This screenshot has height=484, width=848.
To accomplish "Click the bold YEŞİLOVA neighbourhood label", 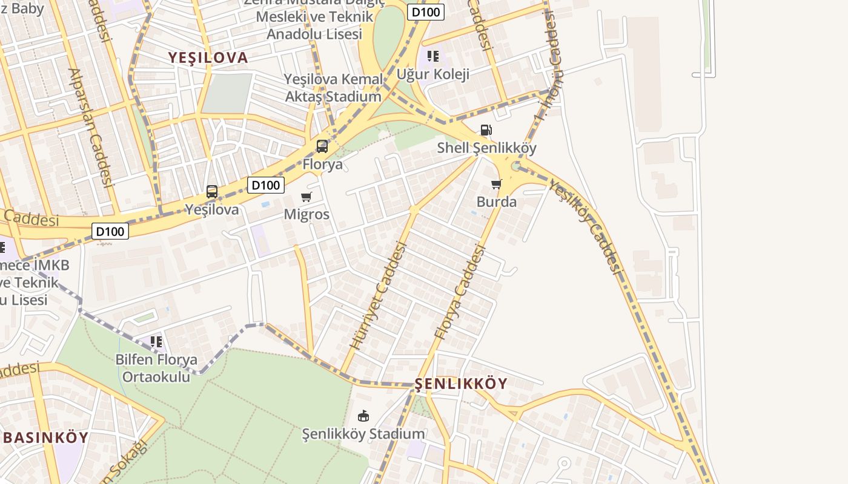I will [x=208, y=57].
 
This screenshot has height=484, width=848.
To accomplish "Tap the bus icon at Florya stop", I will [x=322, y=146].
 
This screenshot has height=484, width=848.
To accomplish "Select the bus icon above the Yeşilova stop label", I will [x=212, y=192].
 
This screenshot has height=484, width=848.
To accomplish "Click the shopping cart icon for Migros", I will [x=306, y=197].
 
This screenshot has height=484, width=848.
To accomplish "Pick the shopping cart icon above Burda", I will [x=497, y=184].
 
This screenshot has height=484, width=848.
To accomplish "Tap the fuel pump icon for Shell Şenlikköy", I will [x=486, y=130].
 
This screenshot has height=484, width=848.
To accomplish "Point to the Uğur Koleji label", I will [x=433, y=74].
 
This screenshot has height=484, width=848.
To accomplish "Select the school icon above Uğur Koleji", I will [x=432, y=57].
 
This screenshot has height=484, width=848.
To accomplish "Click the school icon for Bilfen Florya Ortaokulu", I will [x=156, y=342].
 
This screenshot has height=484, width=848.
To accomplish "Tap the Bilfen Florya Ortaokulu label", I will [x=156, y=368].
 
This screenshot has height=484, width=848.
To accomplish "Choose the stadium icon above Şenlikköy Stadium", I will [x=363, y=416].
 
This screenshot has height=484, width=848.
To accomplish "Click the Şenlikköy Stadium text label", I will [x=363, y=434].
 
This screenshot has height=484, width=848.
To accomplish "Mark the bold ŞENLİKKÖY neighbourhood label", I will [x=461, y=384].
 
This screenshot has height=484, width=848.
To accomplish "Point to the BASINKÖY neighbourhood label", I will [x=46, y=437].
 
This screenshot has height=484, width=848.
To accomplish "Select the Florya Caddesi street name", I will [x=461, y=291].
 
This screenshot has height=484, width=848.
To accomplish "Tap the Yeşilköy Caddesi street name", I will [x=586, y=226].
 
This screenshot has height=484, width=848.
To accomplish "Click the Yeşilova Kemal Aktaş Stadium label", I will [x=334, y=88].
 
